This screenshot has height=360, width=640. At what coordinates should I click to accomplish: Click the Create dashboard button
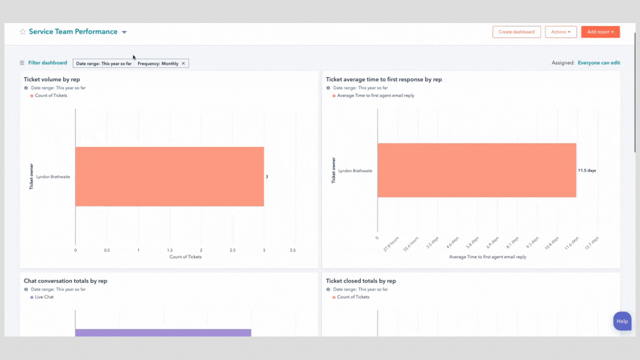[x=516, y=32]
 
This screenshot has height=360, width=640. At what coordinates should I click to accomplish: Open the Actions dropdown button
[x=560, y=32]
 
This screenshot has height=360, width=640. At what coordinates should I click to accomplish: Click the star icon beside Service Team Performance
[x=22, y=32]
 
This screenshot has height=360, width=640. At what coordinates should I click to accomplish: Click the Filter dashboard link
[x=47, y=63]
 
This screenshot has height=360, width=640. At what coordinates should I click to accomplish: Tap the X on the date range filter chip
[x=183, y=63]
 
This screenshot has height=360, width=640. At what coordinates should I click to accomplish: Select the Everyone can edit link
[x=598, y=63]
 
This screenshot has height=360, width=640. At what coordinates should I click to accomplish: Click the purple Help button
[x=622, y=321]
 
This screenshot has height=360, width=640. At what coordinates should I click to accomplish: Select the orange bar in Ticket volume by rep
[x=169, y=176]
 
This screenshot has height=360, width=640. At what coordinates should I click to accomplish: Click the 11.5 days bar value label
[x=587, y=170]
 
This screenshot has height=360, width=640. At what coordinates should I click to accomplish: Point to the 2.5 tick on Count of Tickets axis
[x=232, y=250]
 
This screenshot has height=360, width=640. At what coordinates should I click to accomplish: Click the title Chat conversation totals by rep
[x=65, y=281]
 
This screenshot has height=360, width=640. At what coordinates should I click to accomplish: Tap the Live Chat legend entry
[x=44, y=297]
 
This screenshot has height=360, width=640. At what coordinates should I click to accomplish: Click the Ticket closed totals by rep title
[x=360, y=281]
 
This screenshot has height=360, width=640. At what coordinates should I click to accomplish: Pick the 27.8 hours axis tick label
[x=391, y=244]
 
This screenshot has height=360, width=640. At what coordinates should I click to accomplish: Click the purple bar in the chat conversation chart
[x=163, y=332]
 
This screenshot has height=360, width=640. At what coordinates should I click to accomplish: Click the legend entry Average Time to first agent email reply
[x=375, y=95]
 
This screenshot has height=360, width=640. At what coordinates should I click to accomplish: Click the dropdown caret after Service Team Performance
[x=124, y=32]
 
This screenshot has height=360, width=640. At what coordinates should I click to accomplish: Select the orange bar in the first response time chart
[x=476, y=170]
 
